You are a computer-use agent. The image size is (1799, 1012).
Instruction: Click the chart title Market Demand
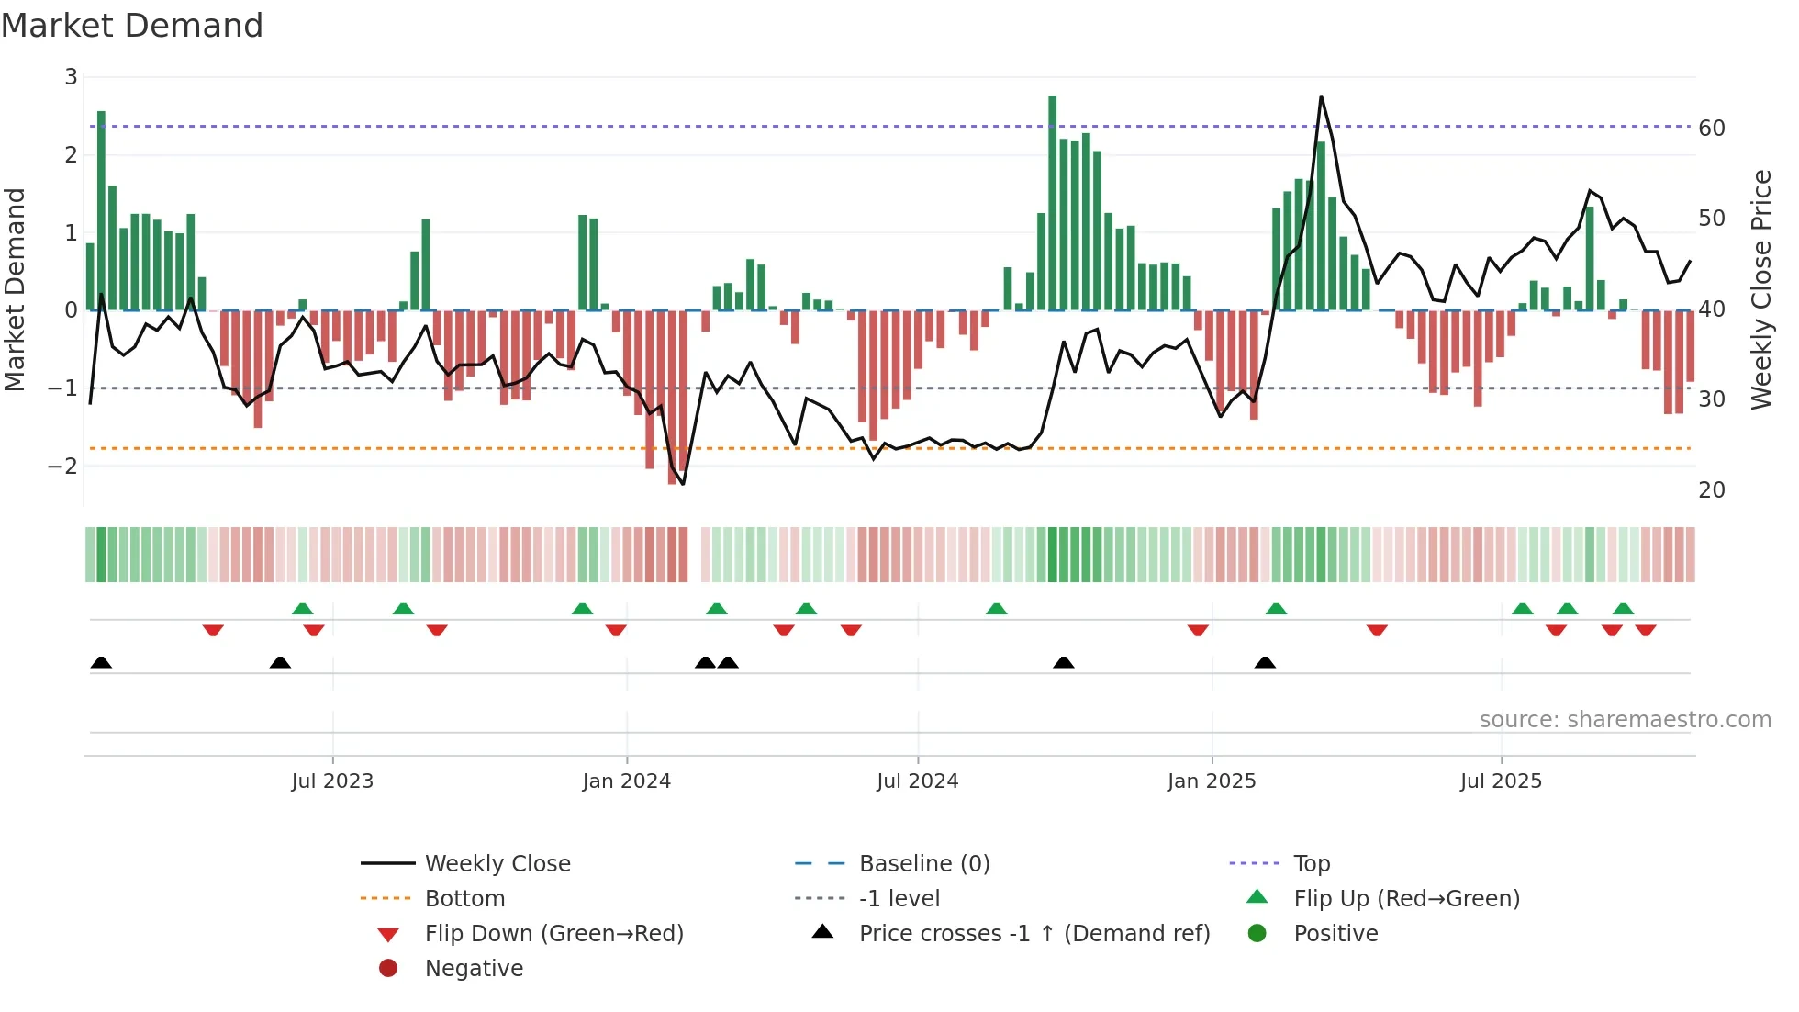(x=132, y=26)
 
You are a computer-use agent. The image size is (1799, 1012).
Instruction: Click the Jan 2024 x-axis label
(x=626, y=781)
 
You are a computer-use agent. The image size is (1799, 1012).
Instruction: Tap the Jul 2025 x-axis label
(x=1501, y=781)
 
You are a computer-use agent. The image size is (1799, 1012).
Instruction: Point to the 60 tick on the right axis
(x=1712, y=129)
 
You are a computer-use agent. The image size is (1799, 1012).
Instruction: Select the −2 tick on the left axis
(x=63, y=467)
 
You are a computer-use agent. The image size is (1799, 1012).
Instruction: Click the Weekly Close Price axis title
(x=1760, y=289)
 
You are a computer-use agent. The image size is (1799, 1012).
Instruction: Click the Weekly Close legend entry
(x=497, y=864)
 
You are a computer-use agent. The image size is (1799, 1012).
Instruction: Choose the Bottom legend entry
(x=464, y=899)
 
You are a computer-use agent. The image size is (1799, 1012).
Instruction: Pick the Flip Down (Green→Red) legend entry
(x=553, y=934)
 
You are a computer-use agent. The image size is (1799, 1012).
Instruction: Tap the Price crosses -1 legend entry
(x=1034, y=934)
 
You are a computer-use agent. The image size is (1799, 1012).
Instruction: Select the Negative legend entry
(x=474, y=969)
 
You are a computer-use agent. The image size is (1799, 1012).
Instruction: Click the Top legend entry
(x=1312, y=864)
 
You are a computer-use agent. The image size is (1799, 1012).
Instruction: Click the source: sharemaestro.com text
(x=1625, y=720)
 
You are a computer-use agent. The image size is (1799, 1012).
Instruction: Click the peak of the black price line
(x=1321, y=96)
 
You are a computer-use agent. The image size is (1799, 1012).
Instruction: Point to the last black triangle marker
(x=1265, y=663)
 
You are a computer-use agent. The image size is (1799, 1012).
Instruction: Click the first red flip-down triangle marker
(x=213, y=630)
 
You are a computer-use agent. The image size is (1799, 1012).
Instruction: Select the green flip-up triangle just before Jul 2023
(x=302, y=609)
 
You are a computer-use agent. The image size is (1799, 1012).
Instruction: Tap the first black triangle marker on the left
(x=101, y=663)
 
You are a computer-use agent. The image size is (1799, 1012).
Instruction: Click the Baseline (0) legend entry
(x=923, y=864)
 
